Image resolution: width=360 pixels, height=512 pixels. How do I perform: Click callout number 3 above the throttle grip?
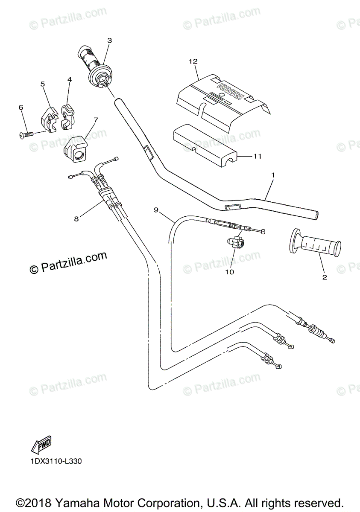(x=109, y=41)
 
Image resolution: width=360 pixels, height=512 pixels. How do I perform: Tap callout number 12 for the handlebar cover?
(x=193, y=61)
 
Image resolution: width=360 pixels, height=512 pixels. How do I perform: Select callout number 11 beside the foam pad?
(x=257, y=157)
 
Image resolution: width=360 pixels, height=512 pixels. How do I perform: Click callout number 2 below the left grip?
(x=324, y=277)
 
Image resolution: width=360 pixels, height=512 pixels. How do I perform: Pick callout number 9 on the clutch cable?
(x=156, y=209)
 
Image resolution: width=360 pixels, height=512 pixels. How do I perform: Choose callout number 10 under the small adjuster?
(x=230, y=271)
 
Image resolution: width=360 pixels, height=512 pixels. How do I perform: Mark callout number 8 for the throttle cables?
(x=76, y=219)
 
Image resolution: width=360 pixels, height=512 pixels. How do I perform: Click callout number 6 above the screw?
(x=20, y=108)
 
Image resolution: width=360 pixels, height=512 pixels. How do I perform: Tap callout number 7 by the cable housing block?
(x=95, y=119)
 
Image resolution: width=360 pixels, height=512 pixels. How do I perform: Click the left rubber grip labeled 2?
(x=316, y=244)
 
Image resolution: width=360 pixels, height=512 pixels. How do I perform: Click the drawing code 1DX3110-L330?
(x=56, y=461)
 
